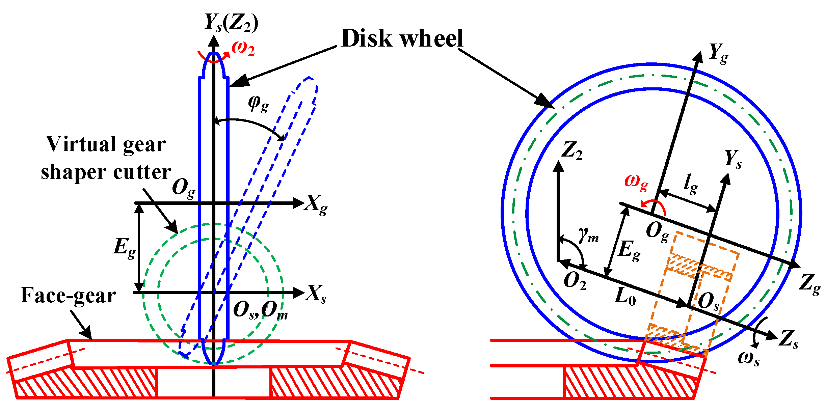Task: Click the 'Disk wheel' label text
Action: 402,38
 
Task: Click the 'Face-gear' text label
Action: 68,296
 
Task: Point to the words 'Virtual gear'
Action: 106,144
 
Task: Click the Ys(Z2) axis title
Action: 231,23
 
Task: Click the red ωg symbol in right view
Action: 636,182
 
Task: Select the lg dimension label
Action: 690,184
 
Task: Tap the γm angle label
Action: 588,235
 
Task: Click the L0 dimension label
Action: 625,297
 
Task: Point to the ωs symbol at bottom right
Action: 748,358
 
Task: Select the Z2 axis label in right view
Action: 571,150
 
